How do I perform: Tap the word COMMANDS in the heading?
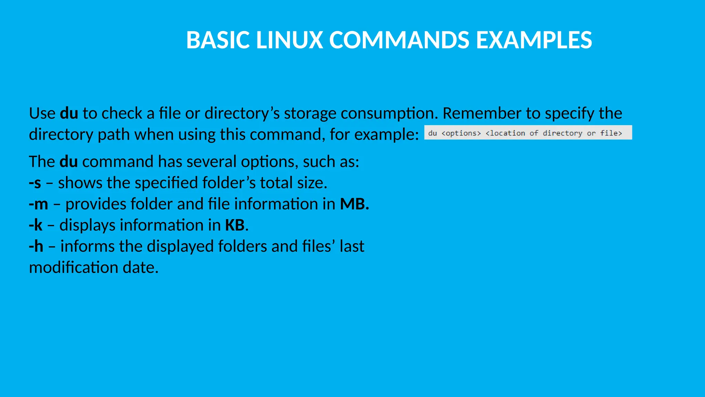[399, 40]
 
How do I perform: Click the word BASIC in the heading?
[218, 40]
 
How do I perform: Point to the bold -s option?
[35, 183]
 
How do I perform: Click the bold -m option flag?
[39, 204]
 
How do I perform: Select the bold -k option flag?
[36, 225]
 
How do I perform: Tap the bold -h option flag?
[36, 246]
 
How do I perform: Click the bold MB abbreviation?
[354, 204]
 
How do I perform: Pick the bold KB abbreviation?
[235, 225]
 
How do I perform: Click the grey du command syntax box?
[528, 133]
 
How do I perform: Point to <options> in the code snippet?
[461, 133]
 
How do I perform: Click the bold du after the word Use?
[69, 113]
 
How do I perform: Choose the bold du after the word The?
[69, 162]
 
